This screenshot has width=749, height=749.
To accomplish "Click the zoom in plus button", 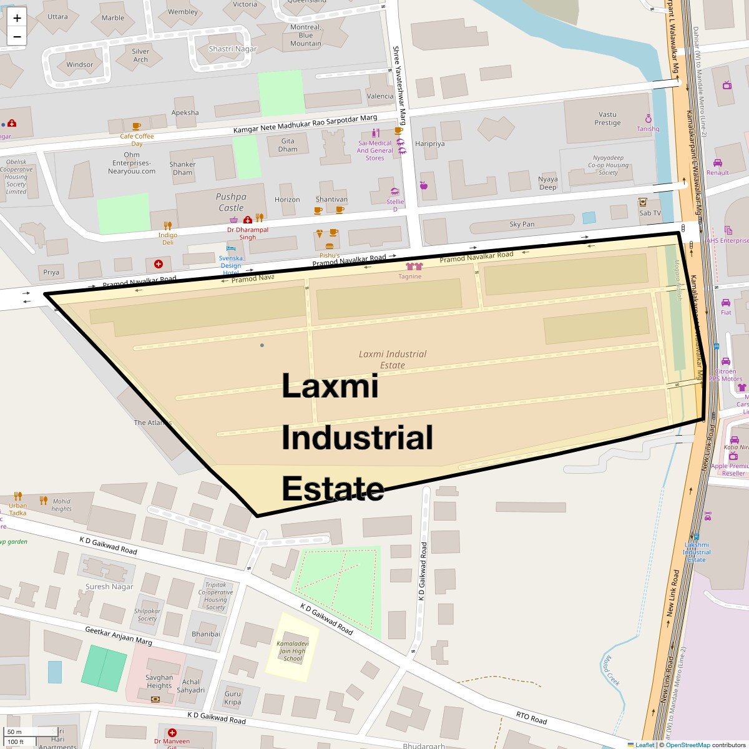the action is coord(17,18).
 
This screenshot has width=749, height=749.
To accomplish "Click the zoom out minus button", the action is coord(17,37).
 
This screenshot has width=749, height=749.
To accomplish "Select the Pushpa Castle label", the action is coord(231,202).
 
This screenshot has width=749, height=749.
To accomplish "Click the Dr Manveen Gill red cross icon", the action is coord(172,733).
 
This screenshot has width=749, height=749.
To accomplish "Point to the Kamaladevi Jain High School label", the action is coord(292,650).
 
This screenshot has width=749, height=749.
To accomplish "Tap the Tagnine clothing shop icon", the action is coord(410,267).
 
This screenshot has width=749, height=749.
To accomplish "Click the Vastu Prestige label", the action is coord(607,119).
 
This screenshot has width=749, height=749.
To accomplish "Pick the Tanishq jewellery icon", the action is coord(648,119).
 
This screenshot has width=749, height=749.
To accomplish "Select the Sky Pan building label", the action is coord(522,224).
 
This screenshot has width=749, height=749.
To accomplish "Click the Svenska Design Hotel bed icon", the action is coord(230,248).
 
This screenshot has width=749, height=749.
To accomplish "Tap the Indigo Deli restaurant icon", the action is coord(167,225).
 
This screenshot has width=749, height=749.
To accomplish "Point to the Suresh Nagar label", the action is coord(109,587).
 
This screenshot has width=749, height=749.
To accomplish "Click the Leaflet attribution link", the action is coord(645,745).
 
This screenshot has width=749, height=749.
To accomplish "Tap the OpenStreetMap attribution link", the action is coord(687,745).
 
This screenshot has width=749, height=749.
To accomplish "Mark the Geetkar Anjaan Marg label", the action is coord(119,636).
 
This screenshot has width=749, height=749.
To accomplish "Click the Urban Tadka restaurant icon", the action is coord(18,497).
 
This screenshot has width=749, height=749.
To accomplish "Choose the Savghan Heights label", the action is coord(159,682).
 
